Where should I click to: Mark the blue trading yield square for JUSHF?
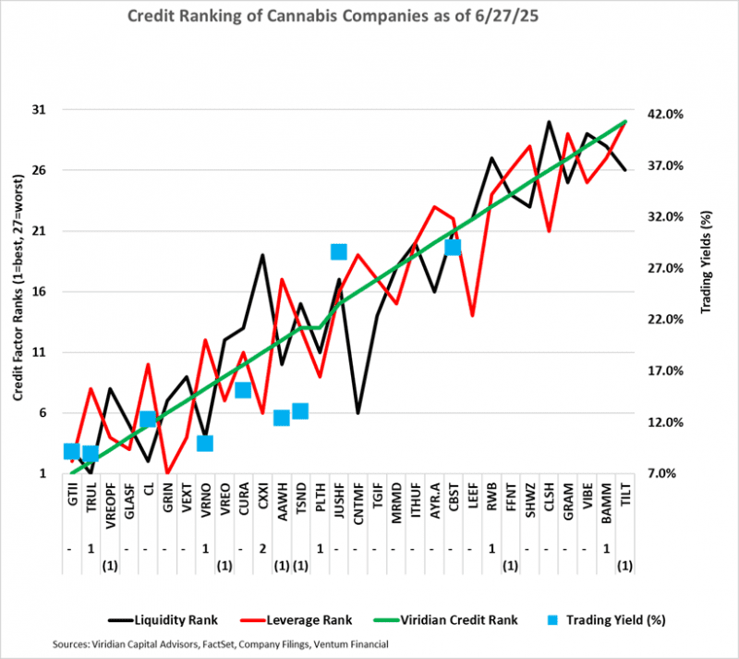point(338,252)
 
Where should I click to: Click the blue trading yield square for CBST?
point(453,248)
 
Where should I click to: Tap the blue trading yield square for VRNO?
point(205,444)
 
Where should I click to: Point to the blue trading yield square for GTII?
point(71,451)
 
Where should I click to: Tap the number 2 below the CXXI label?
point(262,549)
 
